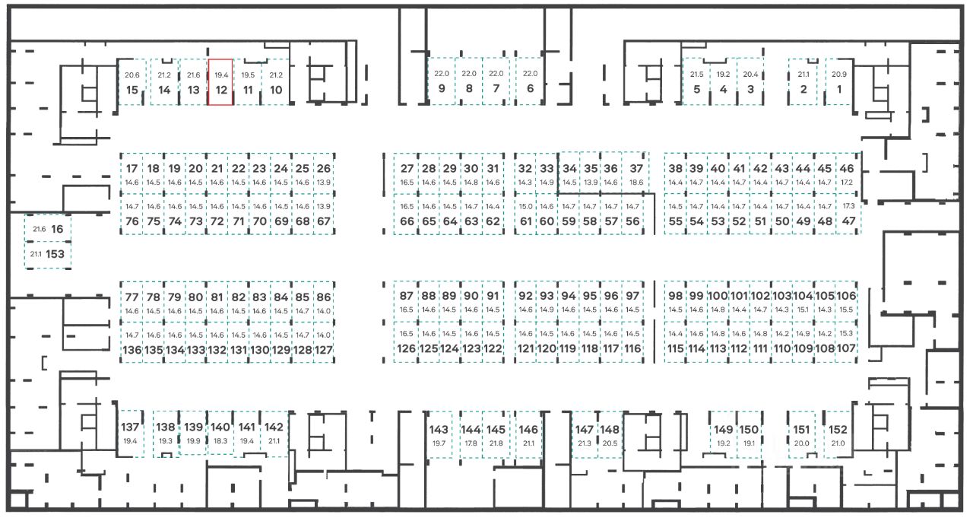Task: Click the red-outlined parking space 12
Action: click(220, 82)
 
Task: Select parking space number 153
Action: click(47, 255)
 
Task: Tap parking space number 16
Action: click(47, 229)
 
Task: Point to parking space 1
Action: click(839, 82)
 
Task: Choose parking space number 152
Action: click(838, 435)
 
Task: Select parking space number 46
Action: click(848, 174)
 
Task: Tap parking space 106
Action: click(847, 302)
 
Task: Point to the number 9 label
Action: click(442, 89)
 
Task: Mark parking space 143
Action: click(439, 435)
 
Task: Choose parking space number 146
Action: click(528, 435)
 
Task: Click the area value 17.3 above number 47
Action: click(848, 206)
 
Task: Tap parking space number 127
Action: click(324, 343)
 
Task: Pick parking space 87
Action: click(407, 302)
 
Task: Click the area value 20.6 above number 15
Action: click(132, 75)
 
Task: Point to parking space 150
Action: click(750, 435)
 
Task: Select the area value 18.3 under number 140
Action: click(220, 441)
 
